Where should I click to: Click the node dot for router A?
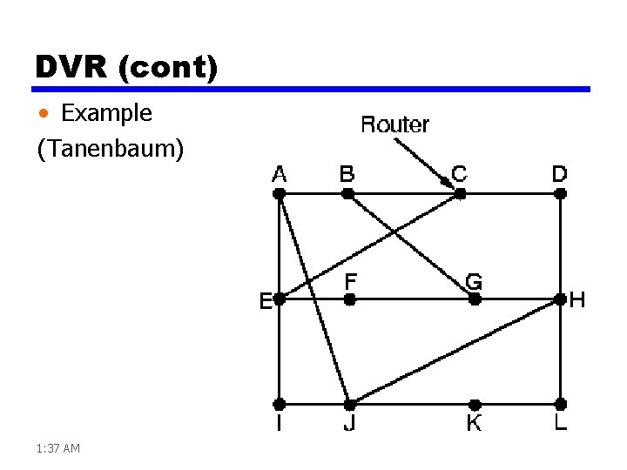280,194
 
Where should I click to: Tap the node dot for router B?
347,194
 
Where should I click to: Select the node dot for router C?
460,194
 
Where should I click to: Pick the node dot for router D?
561,194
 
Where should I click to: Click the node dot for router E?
280,299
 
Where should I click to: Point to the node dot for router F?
349,299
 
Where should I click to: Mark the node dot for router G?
475,299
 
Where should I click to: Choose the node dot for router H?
561,299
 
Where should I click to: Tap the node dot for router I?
280,404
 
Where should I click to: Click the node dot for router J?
349,404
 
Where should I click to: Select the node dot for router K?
475,404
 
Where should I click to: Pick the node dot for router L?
561,404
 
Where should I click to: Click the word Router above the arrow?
394,124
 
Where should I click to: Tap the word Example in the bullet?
106,113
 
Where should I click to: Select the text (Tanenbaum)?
111,150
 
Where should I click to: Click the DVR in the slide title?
68,66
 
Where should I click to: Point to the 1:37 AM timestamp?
58,448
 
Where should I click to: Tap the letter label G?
475,281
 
